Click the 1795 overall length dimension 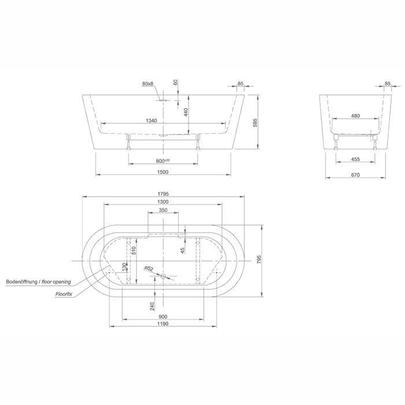coord(163,194)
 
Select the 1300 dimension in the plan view coord(163,202)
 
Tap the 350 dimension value coord(163,210)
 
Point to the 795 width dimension coord(259,260)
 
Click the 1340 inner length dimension coord(152,120)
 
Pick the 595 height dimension coord(255,123)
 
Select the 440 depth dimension coord(186,112)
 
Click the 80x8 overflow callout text coord(148,84)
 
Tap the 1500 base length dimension coord(163,172)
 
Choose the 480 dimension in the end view coord(355,116)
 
